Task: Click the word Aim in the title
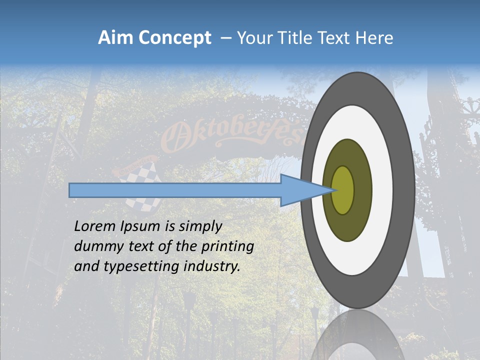(115, 37)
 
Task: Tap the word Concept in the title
(174, 38)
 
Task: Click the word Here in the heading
(374, 37)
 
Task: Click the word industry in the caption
(212, 266)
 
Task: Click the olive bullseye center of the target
(343, 190)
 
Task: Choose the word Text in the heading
(333, 37)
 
